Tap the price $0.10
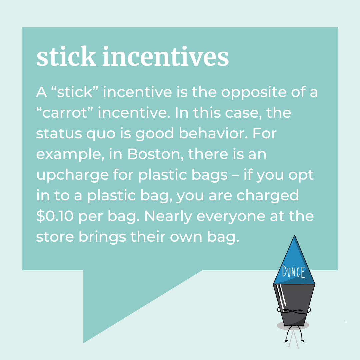point(55,216)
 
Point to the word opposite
point(254,92)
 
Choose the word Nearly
point(168,216)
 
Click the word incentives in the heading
point(165,56)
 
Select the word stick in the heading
point(66,56)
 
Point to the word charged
point(267,196)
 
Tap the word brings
point(102,237)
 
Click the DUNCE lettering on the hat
point(294,272)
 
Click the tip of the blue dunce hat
point(294,235)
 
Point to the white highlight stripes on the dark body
point(281,295)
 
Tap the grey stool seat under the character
point(293,325)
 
